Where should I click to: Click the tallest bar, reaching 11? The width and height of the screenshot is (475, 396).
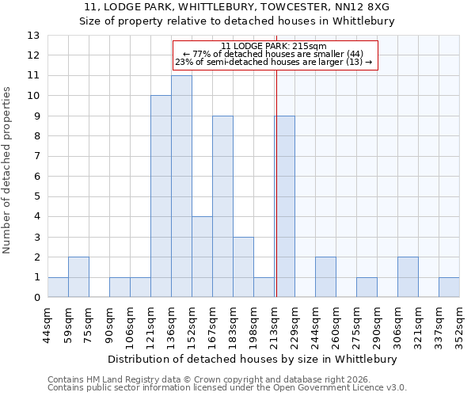(181, 187)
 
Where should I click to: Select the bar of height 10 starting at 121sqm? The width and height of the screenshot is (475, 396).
(161, 196)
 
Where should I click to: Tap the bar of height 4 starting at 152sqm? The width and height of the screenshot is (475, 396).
(202, 257)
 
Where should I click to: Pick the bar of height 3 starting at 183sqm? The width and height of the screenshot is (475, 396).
(243, 268)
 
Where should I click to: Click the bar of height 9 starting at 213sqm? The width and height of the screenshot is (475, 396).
(284, 207)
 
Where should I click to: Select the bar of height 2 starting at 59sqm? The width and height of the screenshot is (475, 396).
(78, 277)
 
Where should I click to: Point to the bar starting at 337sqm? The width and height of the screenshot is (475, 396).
(449, 287)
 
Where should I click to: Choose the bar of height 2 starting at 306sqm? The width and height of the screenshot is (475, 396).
(408, 277)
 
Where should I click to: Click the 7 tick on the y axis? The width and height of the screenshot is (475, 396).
(36, 157)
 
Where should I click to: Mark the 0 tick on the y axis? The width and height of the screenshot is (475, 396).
(36, 298)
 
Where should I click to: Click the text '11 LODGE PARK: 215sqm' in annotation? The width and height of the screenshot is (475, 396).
(273, 47)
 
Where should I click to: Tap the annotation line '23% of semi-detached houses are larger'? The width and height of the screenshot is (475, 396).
(273, 63)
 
